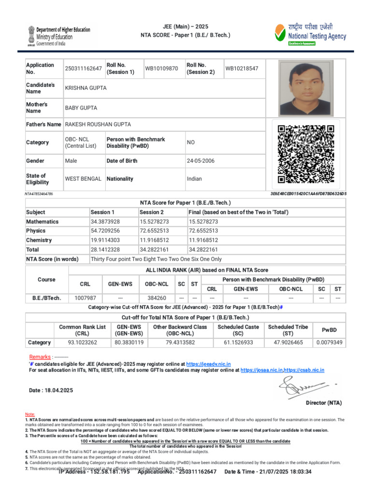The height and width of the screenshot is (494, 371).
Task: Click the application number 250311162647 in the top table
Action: tap(84, 69)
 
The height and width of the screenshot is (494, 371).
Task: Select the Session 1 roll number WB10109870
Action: tap(162, 69)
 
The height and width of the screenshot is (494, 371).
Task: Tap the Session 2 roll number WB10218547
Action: tap(242, 69)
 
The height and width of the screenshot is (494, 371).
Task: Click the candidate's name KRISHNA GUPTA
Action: tap(86, 88)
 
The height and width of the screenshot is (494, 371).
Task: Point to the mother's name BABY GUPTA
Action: tap(81, 108)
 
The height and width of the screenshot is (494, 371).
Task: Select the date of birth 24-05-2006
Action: tap(200, 161)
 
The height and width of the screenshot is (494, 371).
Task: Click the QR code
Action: tap(306, 154)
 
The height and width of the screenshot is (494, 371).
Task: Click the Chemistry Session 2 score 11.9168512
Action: tap(154, 240)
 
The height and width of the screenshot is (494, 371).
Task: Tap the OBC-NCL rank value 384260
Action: tap(157, 298)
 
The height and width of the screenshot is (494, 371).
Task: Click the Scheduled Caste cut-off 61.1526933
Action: tap(237, 343)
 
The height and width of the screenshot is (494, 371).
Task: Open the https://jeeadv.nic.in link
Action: tap(208, 363)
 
